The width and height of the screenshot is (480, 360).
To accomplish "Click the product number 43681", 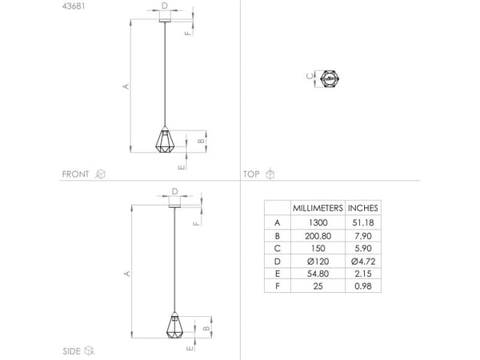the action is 74,6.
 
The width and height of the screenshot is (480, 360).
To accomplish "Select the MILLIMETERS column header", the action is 318,208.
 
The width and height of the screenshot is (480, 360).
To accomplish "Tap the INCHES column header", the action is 362,208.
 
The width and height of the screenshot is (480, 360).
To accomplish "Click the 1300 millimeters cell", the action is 318,222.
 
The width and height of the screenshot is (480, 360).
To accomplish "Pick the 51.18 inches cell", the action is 363,222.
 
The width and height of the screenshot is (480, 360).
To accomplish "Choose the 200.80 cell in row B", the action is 318,236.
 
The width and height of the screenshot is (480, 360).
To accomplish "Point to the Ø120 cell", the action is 318,262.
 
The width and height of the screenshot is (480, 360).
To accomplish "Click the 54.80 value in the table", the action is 318,274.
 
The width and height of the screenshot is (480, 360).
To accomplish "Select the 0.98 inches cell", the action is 363,286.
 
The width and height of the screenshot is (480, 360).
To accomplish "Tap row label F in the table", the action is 278,286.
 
